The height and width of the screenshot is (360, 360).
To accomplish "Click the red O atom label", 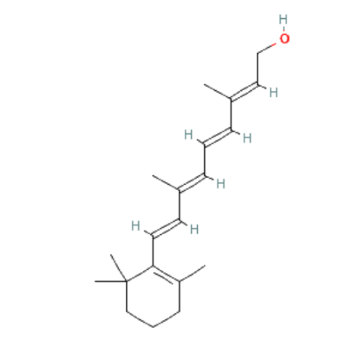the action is (285, 38).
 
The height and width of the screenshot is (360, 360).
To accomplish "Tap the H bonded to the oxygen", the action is (284, 19).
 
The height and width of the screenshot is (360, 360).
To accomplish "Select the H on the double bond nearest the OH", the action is (273, 93).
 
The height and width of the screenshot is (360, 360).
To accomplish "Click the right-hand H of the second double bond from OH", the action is (247, 138).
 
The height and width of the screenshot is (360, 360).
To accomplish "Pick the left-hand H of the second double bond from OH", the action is (188, 134).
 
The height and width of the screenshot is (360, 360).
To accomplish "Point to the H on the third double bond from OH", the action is (221, 184).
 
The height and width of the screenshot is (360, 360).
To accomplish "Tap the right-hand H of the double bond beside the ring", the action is (194, 229).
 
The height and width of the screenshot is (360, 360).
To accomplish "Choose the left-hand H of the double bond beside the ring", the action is (135, 226).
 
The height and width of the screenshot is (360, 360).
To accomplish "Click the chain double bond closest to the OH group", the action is (245, 91).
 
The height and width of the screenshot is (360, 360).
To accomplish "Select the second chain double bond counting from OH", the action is (218, 136).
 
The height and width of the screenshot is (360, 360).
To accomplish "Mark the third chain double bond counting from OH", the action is (192, 182).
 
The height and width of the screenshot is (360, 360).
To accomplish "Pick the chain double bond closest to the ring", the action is (167, 228).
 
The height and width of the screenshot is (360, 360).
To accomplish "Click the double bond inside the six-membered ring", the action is (167, 274).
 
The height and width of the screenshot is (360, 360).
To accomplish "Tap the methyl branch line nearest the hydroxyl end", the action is (218, 91).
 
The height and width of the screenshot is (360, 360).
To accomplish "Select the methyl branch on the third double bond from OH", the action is (166, 182).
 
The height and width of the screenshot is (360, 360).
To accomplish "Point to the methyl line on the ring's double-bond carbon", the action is (193, 273).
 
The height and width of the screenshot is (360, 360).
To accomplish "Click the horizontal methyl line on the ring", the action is (111, 281).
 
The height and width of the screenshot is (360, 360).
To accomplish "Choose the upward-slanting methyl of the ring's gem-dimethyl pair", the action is (119, 268).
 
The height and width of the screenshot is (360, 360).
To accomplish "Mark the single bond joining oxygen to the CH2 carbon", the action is (266, 49).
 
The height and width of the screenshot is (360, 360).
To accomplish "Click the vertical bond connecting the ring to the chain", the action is (153, 251).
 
